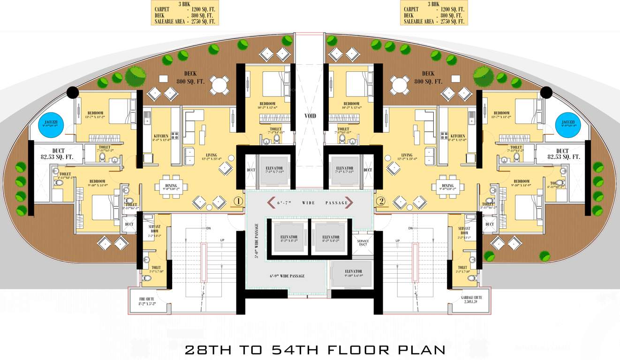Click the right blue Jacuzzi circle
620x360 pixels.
568,125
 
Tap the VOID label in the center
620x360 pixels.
310,116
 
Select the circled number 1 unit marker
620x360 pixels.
238,202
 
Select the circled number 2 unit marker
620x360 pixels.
381,202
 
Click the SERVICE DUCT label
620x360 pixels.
363,243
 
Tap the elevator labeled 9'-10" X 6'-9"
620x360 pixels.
353,274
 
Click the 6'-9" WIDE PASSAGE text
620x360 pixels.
287,276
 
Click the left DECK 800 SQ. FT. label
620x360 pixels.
190,77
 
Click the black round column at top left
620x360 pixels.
72,92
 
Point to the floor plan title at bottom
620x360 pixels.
314,349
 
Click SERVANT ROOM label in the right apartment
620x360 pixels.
464,230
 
